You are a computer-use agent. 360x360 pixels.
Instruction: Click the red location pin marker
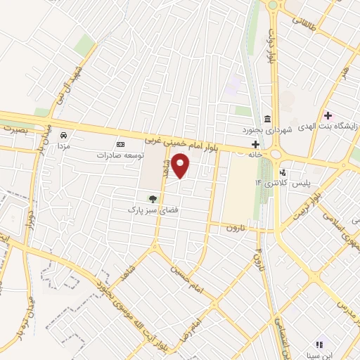[181, 165]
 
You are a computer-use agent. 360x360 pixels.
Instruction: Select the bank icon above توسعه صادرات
[120, 143]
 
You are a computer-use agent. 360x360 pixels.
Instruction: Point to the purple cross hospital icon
[328, 115]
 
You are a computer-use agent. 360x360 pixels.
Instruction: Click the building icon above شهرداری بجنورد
[267, 117]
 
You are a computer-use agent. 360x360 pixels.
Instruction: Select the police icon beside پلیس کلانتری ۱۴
[283, 172]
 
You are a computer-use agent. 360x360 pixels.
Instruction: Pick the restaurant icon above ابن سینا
[319, 345]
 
